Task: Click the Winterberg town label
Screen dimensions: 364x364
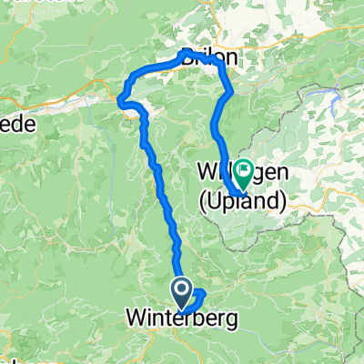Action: pyautogui.click(x=179, y=320)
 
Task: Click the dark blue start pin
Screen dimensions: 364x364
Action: pyautogui.click(x=182, y=294)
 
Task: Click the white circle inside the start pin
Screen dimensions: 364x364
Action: pyautogui.click(x=182, y=291)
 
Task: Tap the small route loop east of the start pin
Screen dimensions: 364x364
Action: pyautogui.click(x=198, y=296)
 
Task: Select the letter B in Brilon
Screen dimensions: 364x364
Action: pyautogui.click(x=187, y=56)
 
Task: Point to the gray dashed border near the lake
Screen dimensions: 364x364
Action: pyautogui.click(x=300, y=118)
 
